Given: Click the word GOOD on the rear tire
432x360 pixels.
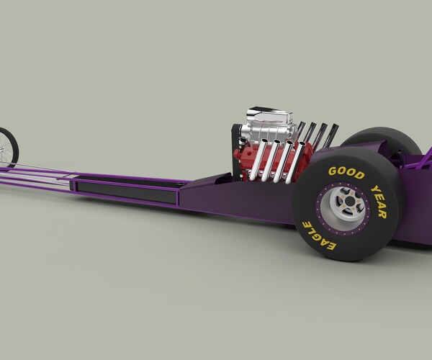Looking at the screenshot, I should tap(346, 173).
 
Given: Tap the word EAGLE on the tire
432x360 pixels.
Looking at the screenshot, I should tap(318, 235).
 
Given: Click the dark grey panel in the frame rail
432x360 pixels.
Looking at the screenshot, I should tap(126, 190).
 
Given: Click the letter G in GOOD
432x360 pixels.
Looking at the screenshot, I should tap(333, 171).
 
